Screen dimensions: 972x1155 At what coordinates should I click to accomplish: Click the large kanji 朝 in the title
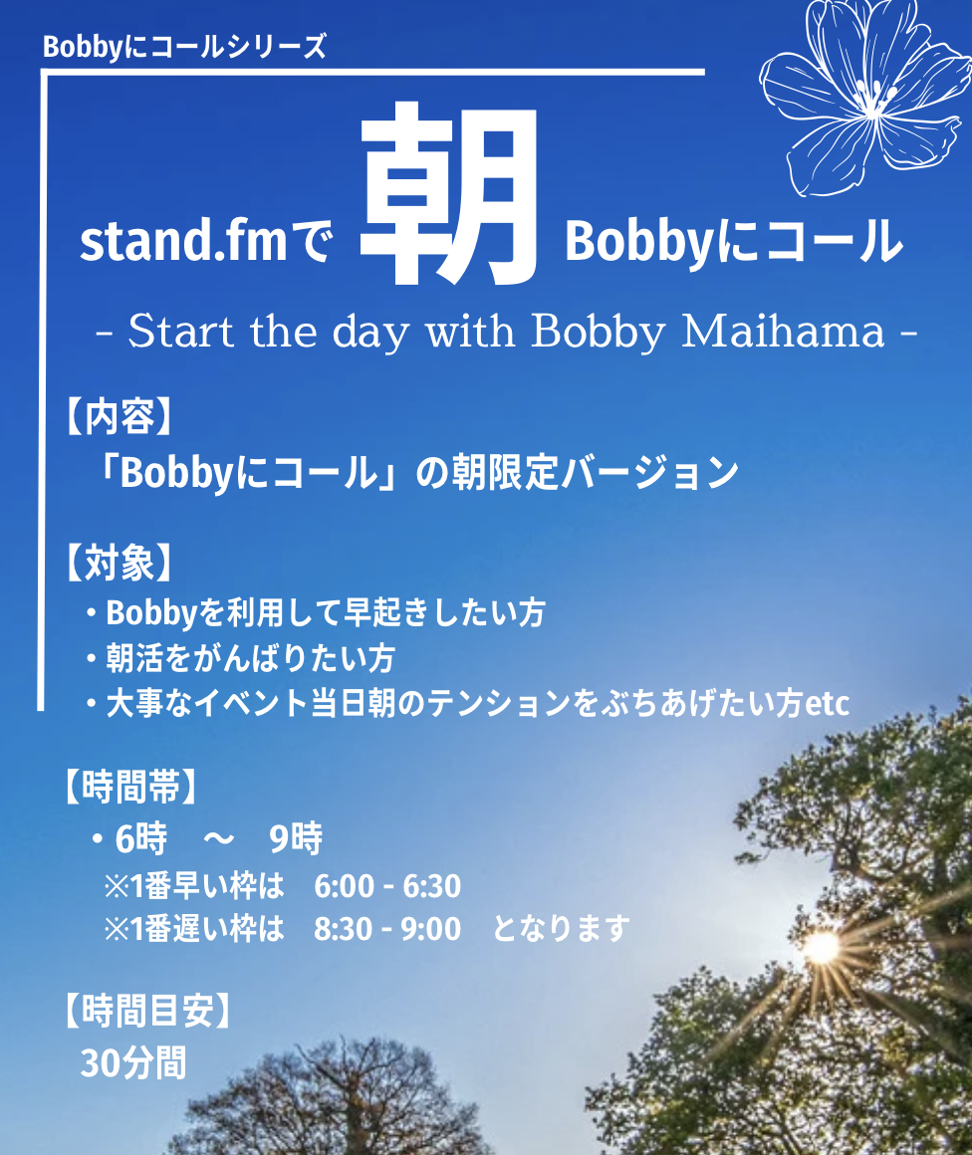pyautogui.click(x=449, y=194)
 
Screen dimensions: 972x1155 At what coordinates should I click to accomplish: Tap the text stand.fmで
pyautogui.click(x=206, y=241)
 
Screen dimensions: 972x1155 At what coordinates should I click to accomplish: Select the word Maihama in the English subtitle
pyautogui.click(x=783, y=332)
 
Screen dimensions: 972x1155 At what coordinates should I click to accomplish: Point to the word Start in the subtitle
pyautogui.click(x=181, y=332)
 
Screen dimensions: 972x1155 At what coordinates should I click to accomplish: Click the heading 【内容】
pyautogui.click(x=120, y=417)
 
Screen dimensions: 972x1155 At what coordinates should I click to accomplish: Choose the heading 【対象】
pyautogui.click(x=120, y=564)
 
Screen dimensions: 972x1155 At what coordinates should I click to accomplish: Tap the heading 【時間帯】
pyautogui.click(x=131, y=786)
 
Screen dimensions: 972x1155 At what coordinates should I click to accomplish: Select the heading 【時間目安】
pyautogui.click(x=147, y=1011)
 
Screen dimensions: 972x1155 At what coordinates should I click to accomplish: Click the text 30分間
pyautogui.click(x=133, y=1063)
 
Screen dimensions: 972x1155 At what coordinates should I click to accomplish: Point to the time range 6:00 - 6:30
pyautogui.click(x=387, y=886)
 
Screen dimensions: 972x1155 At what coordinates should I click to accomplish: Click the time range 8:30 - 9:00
pyautogui.click(x=387, y=929)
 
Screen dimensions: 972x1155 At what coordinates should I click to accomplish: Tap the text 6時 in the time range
pyautogui.click(x=141, y=838)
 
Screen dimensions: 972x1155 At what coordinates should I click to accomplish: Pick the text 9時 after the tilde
pyautogui.click(x=296, y=838)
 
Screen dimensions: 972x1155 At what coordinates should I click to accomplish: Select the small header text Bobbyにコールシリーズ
pyautogui.click(x=184, y=47)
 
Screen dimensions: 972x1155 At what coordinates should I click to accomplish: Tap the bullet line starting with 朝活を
pyautogui.click(x=241, y=658)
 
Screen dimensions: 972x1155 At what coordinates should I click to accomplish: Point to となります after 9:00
pyautogui.click(x=562, y=929)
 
